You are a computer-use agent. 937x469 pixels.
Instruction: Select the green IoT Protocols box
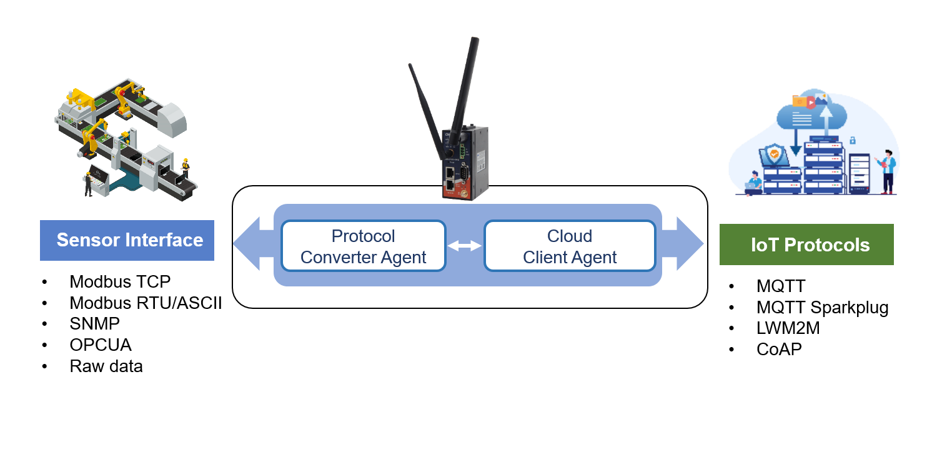tap(806, 245)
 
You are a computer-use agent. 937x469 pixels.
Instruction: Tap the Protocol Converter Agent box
tap(364, 246)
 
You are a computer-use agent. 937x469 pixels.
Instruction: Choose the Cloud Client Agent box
tap(570, 246)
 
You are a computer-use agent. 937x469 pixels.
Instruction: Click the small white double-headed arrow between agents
tap(465, 246)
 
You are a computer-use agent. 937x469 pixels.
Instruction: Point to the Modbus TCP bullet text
tap(120, 281)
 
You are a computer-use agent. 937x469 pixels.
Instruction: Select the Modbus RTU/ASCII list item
tap(146, 303)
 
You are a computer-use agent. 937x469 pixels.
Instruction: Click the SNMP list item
tap(94, 324)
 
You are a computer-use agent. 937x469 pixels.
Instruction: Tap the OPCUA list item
tap(101, 345)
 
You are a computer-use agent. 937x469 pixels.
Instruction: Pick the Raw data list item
tap(106, 366)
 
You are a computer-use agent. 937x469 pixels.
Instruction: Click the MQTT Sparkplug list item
tap(822, 308)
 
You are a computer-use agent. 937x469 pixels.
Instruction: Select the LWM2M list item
tap(788, 328)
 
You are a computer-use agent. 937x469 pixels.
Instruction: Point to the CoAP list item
tap(779, 349)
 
